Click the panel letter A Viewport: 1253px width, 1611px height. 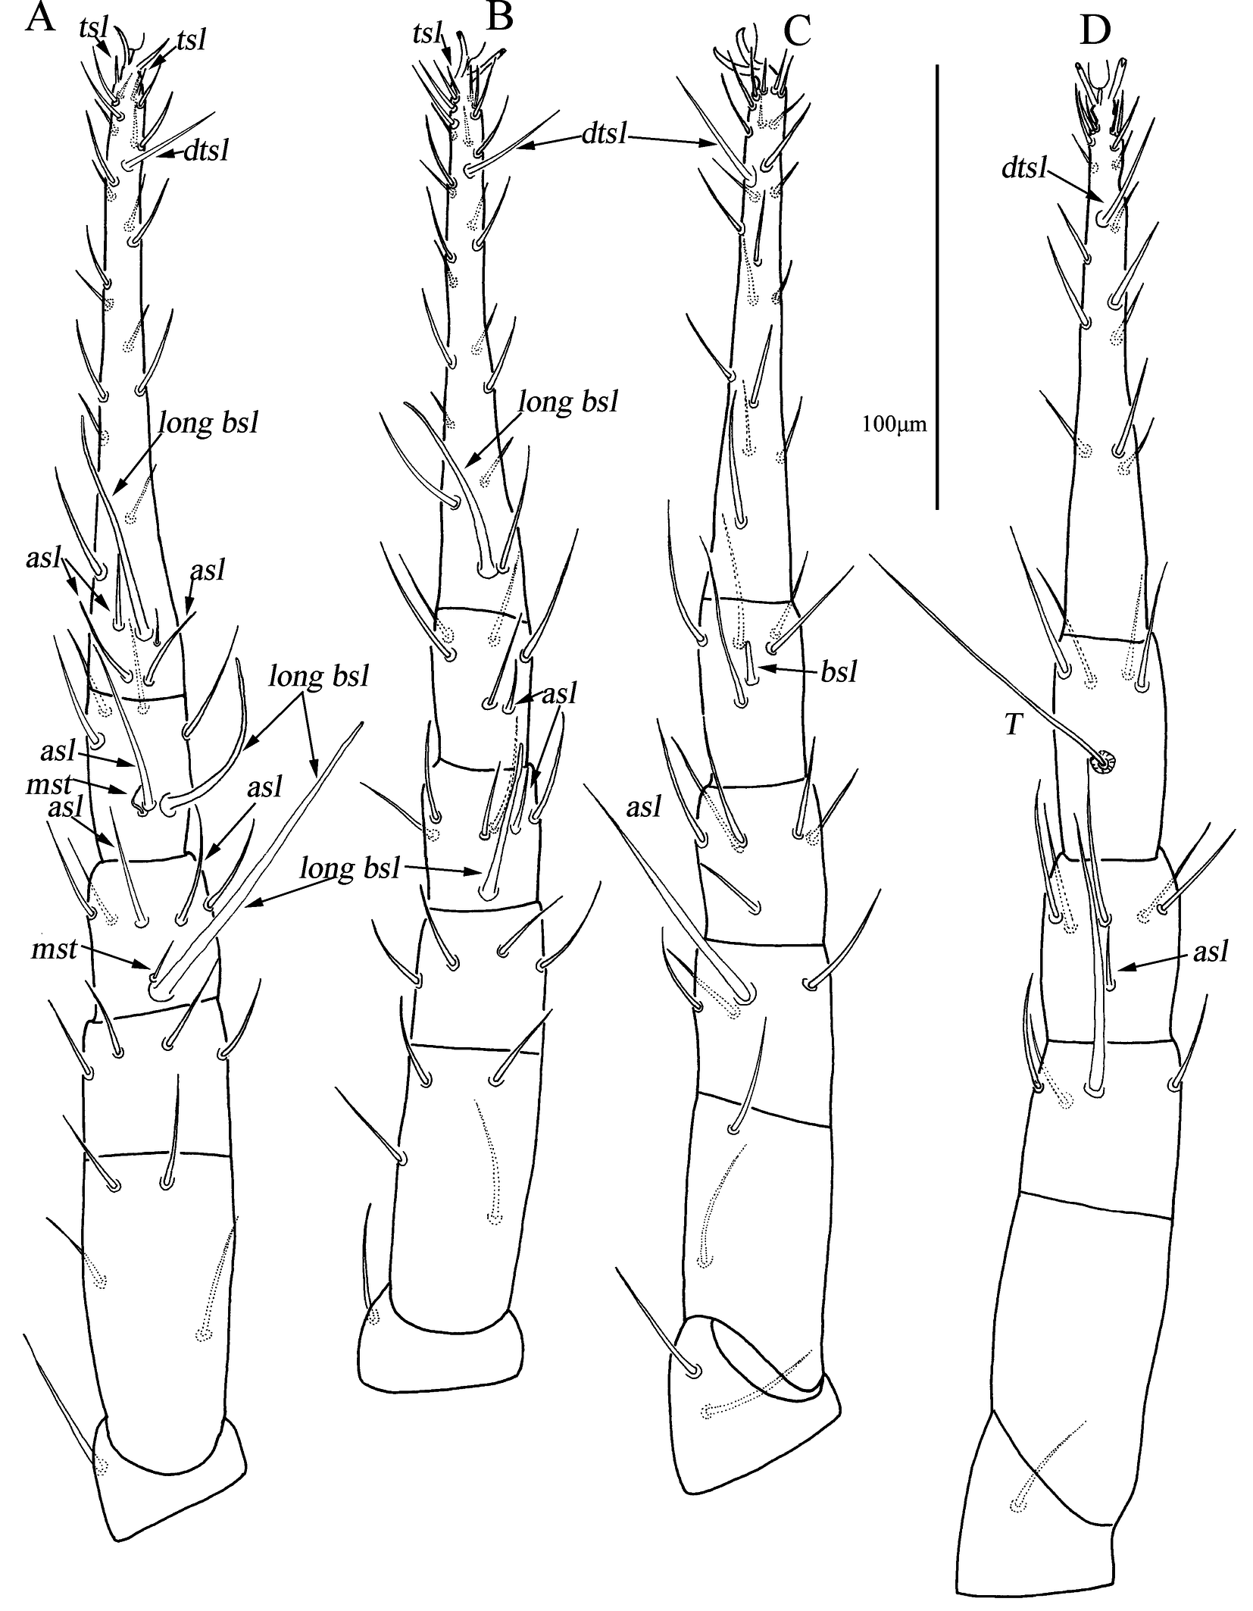pyautogui.click(x=40, y=17)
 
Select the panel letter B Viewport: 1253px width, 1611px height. pyautogui.click(x=500, y=17)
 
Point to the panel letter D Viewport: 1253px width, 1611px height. pyautogui.click(x=1095, y=30)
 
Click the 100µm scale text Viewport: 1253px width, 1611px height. pyautogui.click(x=894, y=424)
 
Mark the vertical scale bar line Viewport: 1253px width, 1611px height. pyautogui.click(x=938, y=287)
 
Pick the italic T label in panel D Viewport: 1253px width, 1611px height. pyautogui.click(x=1013, y=725)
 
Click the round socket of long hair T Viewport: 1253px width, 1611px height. pyautogui.click(x=1101, y=762)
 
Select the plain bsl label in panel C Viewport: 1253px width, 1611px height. pyautogui.click(x=839, y=671)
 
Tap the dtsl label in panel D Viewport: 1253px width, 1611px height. pyautogui.click(x=1023, y=167)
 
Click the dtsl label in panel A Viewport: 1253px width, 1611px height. pyautogui.click(x=207, y=151)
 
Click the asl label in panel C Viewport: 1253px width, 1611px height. pyautogui.click(x=644, y=809)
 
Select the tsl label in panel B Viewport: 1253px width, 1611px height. pyautogui.click(x=427, y=33)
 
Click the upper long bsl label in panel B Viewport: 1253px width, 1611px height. pyautogui.click(x=567, y=402)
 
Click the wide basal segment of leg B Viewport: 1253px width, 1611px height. pyautogui.click(x=440, y=1356)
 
